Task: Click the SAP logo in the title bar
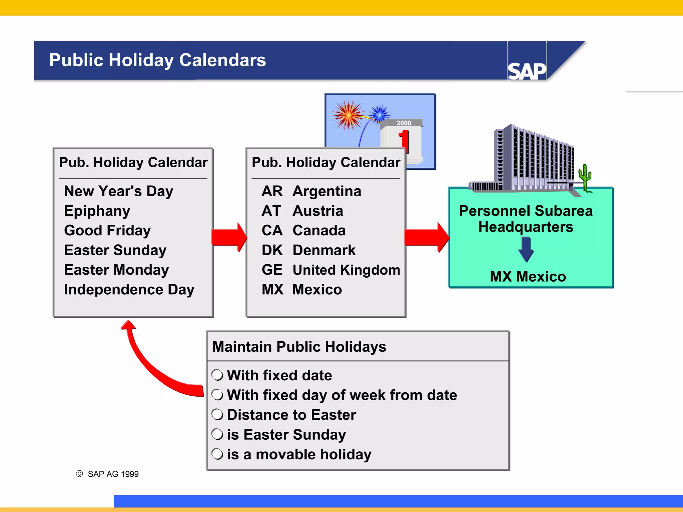click(x=527, y=70)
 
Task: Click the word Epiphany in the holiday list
click(x=97, y=211)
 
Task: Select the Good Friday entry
click(x=107, y=231)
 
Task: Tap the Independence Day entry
click(x=129, y=290)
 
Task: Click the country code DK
click(x=272, y=250)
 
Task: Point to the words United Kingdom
click(x=346, y=270)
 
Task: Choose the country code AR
click(x=272, y=191)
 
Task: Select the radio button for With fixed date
click(x=217, y=375)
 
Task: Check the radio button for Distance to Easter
click(x=217, y=415)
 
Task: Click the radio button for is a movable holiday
click(x=217, y=454)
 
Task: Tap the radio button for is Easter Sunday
click(x=217, y=434)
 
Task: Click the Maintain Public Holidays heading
click(x=299, y=347)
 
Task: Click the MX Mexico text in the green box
click(x=528, y=277)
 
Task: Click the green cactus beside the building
click(x=585, y=177)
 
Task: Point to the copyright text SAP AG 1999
click(x=113, y=474)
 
